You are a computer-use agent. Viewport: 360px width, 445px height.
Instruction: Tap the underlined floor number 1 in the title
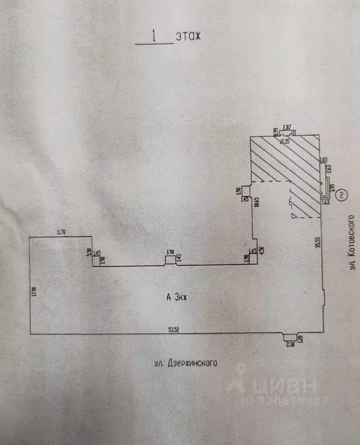tap(154, 35)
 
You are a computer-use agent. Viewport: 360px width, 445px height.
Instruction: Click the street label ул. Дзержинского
tap(186, 364)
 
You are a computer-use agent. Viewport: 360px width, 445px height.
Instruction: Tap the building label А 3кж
tap(178, 297)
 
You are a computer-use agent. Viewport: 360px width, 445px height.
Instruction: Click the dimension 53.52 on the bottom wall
tap(173, 330)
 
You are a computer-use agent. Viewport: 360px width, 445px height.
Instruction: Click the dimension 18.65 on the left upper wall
tap(256, 205)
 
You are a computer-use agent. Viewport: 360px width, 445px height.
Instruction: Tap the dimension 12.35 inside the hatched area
tap(284, 141)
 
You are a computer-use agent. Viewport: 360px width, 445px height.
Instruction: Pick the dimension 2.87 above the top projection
tap(286, 127)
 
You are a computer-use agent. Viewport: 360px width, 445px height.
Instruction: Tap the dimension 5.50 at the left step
tap(89, 251)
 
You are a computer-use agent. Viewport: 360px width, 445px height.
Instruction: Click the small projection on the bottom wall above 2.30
tap(287, 336)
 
